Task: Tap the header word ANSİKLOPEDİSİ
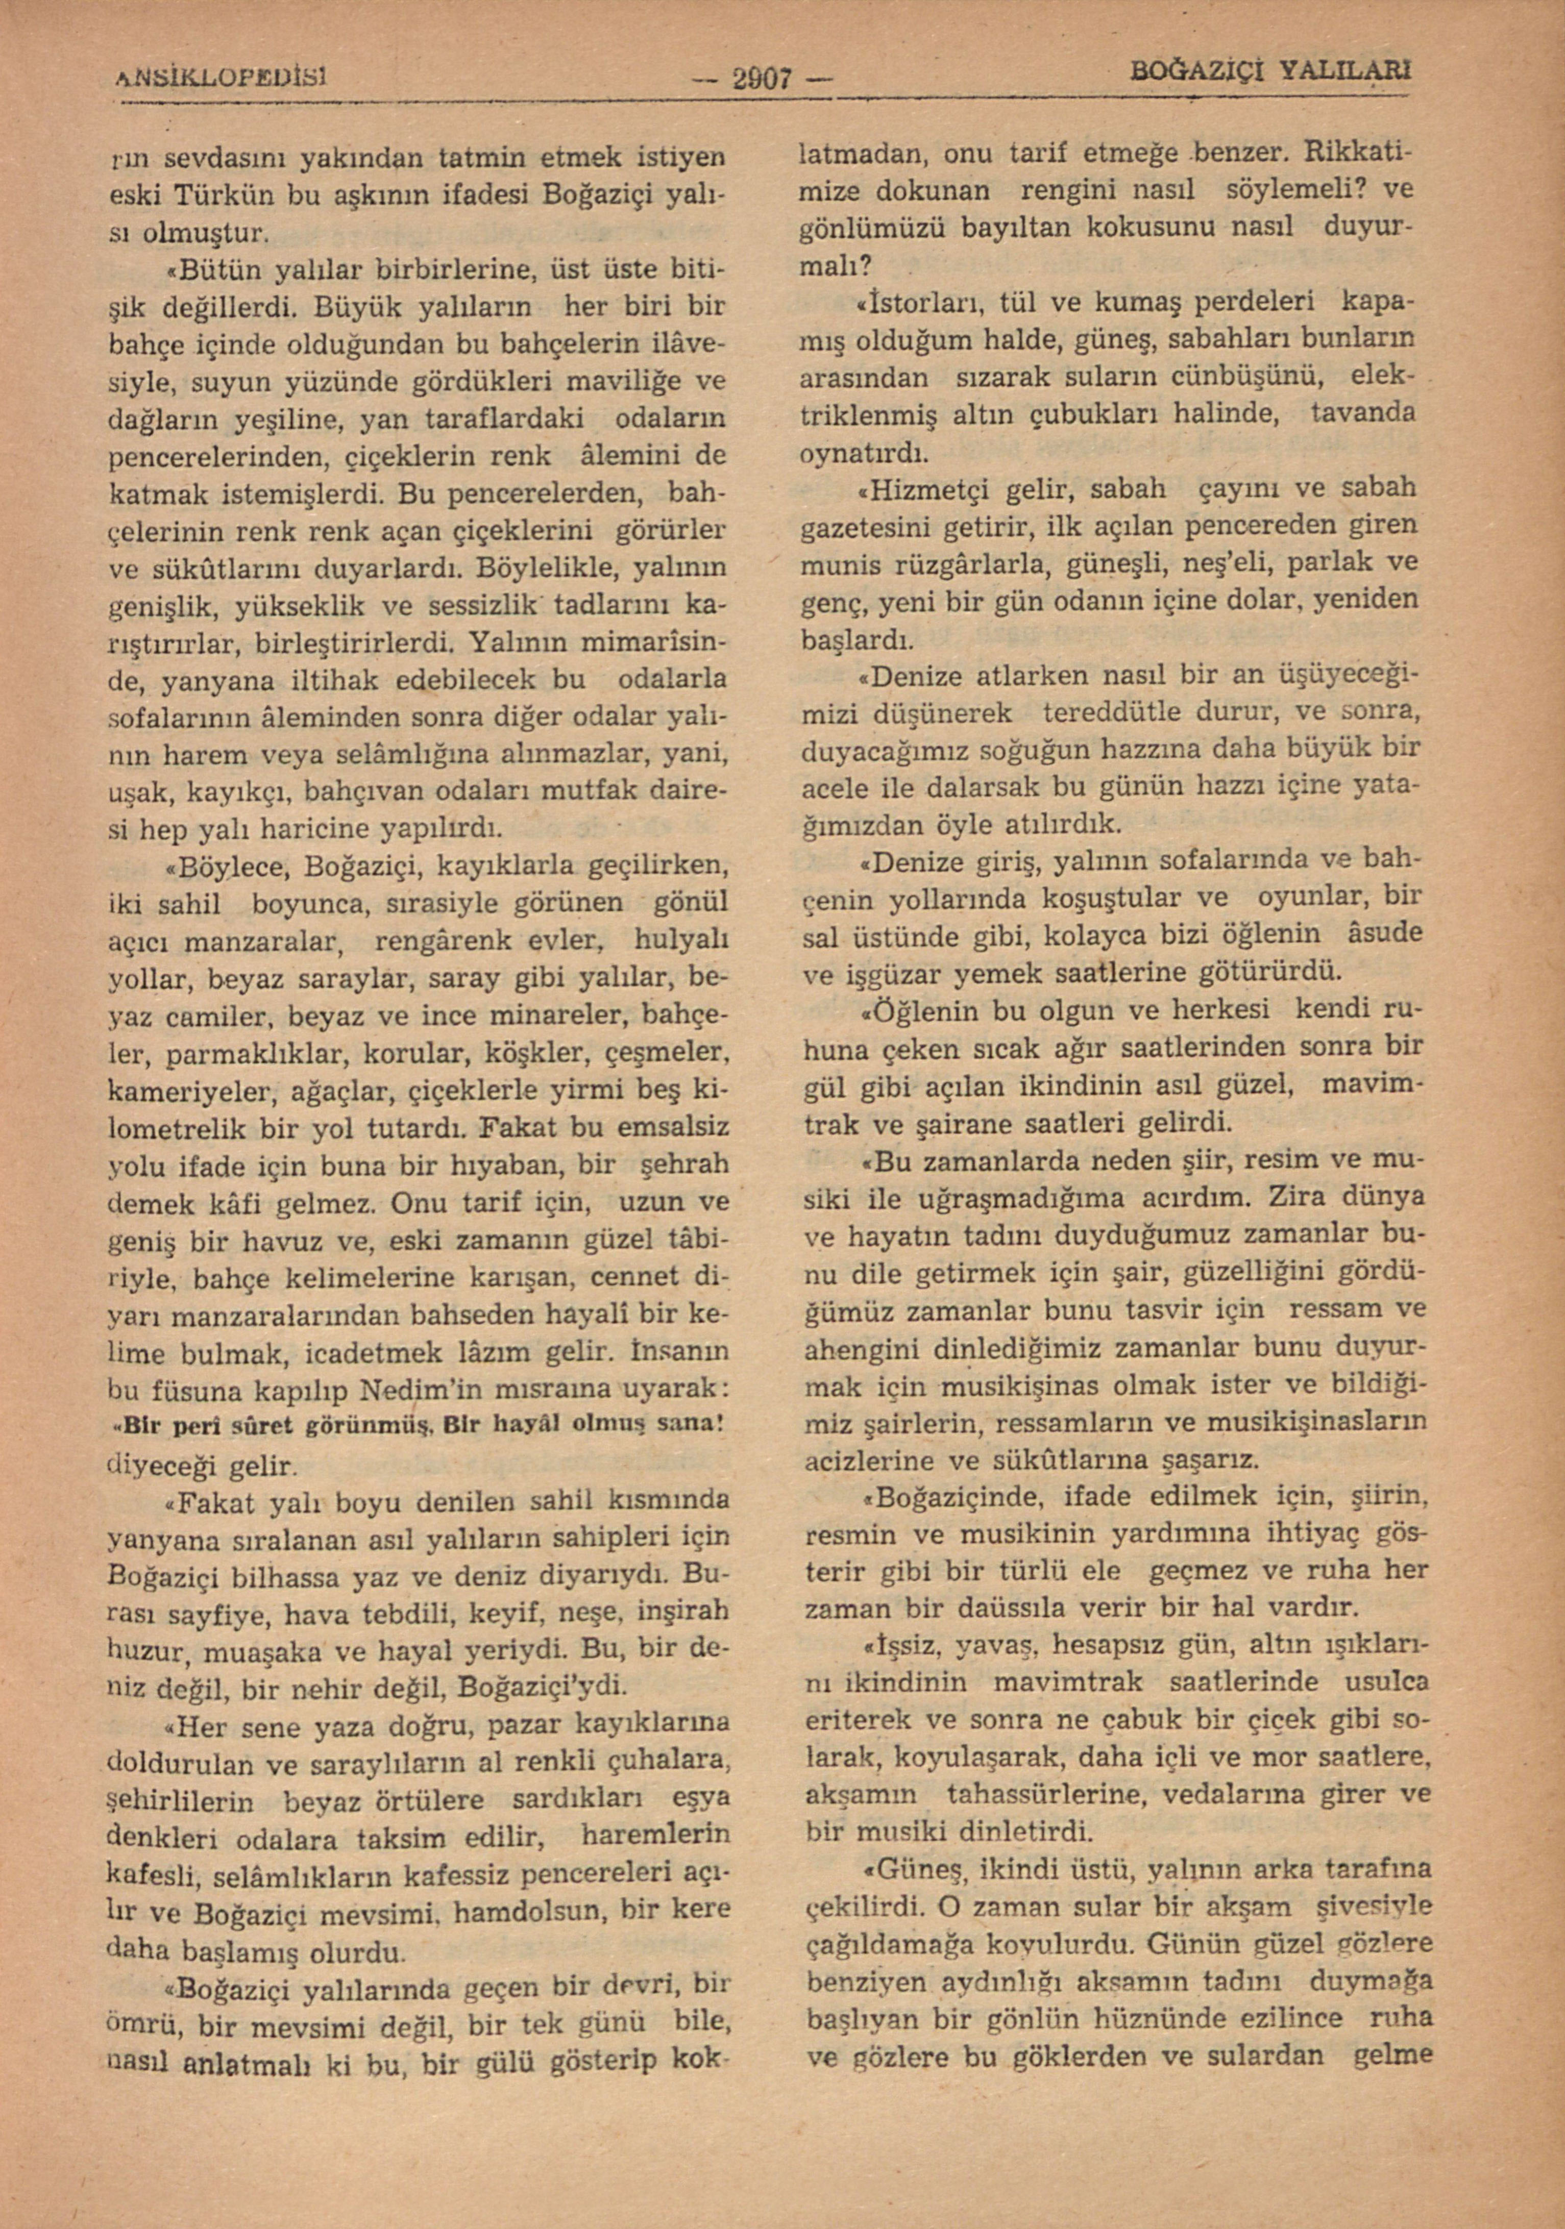(x=223, y=74)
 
